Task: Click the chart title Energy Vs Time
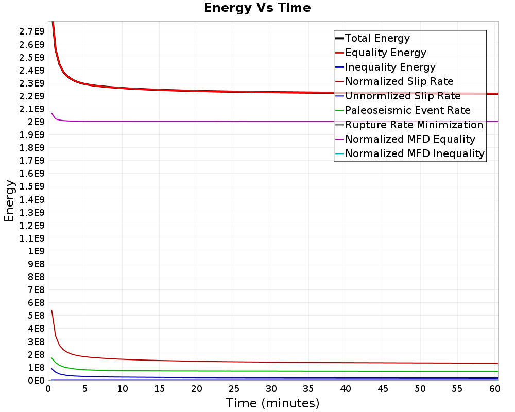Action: [x=257, y=8]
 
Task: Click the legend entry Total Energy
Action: [x=377, y=38]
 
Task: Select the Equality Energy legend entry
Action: [x=385, y=53]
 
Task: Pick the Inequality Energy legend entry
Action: [x=390, y=67]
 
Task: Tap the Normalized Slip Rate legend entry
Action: [x=399, y=81]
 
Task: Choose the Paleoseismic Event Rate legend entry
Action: [x=407, y=110]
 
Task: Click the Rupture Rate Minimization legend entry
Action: [x=414, y=125]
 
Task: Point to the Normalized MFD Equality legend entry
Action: [x=410, y=139]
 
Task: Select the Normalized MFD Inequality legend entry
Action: [x=415, y=153]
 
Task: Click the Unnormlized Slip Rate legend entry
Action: [x=403, y=96]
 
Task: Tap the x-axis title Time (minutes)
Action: [x=272, y=403]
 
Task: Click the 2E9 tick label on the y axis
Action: [x=35, y=122]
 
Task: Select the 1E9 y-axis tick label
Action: [x=35, y=251]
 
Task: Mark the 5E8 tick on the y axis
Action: [x=35, y=316]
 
